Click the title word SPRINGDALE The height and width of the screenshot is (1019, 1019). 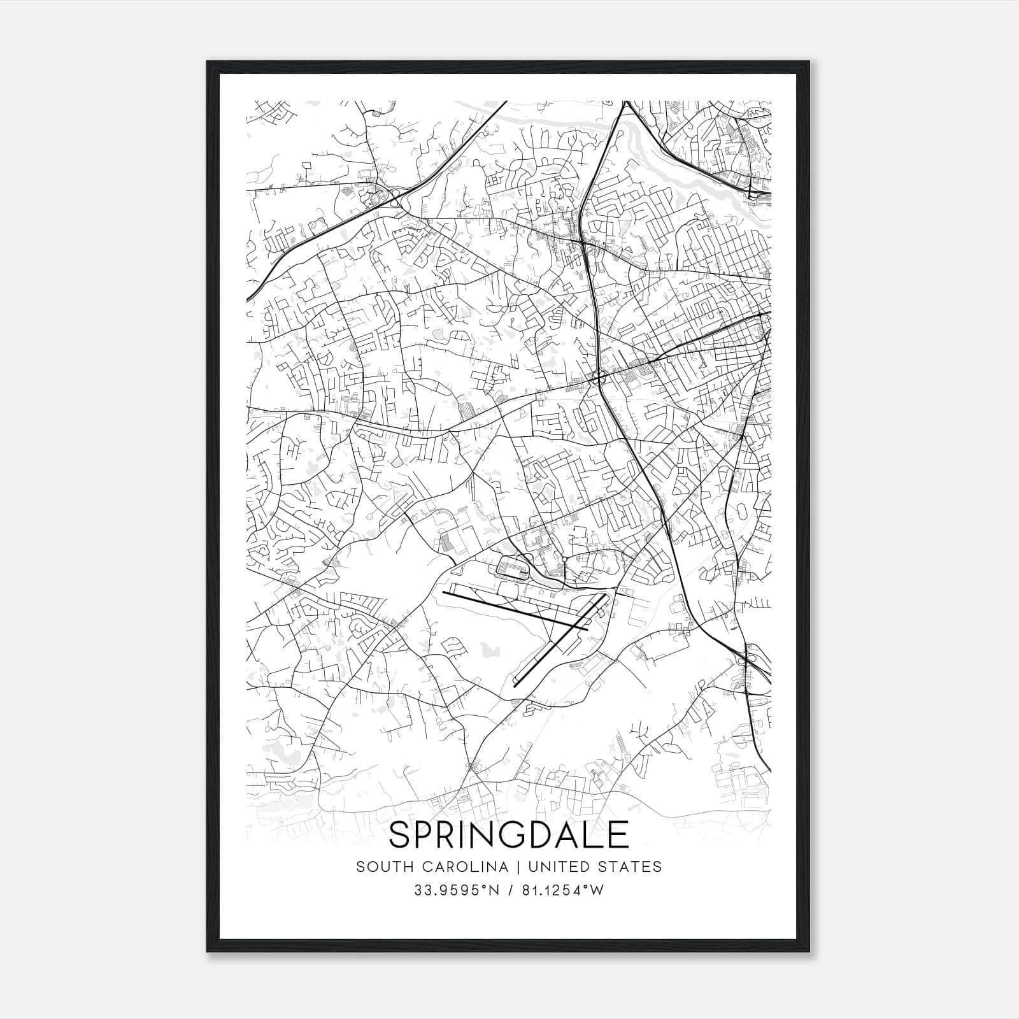click(x=509, y=835)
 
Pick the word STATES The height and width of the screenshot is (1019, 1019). click(x=634, y=867)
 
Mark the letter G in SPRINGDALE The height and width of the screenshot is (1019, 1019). click(x=525, y=835)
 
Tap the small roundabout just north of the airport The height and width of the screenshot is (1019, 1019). click(x=564, y=559)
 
